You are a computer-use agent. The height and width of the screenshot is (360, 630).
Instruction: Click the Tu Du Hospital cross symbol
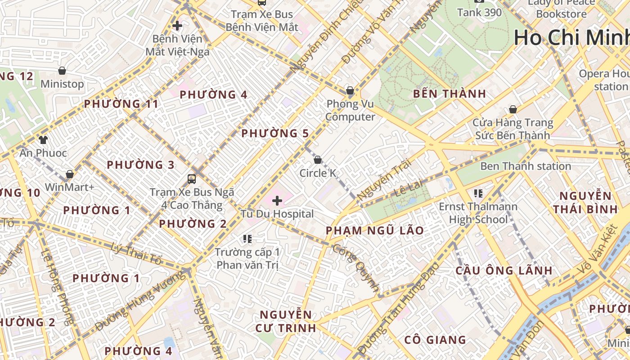[277, 200]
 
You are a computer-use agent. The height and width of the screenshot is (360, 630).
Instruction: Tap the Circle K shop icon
[318, 160]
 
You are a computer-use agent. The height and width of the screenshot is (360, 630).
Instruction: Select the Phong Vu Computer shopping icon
[350, 91]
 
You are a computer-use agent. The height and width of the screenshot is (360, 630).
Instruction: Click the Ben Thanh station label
[526, 166]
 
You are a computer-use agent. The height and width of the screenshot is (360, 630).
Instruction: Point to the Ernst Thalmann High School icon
[478, 193]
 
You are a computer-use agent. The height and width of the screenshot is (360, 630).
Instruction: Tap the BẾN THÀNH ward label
[450, 94]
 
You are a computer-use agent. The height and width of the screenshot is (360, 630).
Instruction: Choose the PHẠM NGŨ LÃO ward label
[374, 230]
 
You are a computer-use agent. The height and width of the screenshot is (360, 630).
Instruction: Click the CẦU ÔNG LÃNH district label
[504, 270]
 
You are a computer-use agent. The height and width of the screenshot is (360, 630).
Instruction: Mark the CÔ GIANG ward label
[435, 340]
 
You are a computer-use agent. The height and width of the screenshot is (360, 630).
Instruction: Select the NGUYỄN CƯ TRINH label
[286, 321]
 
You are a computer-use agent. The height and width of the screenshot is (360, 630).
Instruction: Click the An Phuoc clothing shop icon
[43, 140]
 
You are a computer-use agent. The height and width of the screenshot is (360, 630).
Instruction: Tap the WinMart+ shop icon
[69, 174]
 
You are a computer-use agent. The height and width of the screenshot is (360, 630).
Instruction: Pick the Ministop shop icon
[62, 71]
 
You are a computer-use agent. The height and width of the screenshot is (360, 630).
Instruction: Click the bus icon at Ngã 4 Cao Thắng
[192, 179]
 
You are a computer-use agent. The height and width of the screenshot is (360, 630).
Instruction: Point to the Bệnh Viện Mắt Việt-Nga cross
[177, 26]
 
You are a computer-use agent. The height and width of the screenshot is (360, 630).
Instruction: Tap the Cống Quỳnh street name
[355, 268]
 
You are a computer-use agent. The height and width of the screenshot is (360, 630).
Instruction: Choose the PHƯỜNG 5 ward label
[275, 133]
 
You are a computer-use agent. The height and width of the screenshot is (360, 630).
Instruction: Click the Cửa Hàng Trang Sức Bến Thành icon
[513, 109]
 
